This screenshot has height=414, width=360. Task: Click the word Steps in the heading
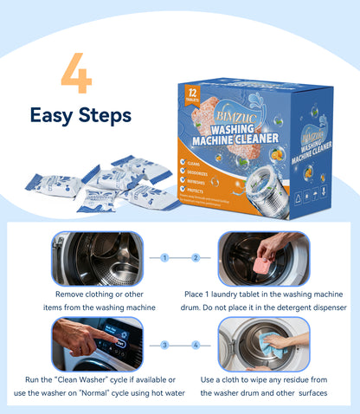coord(105,115)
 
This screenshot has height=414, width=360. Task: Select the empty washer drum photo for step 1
coord(98,259)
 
